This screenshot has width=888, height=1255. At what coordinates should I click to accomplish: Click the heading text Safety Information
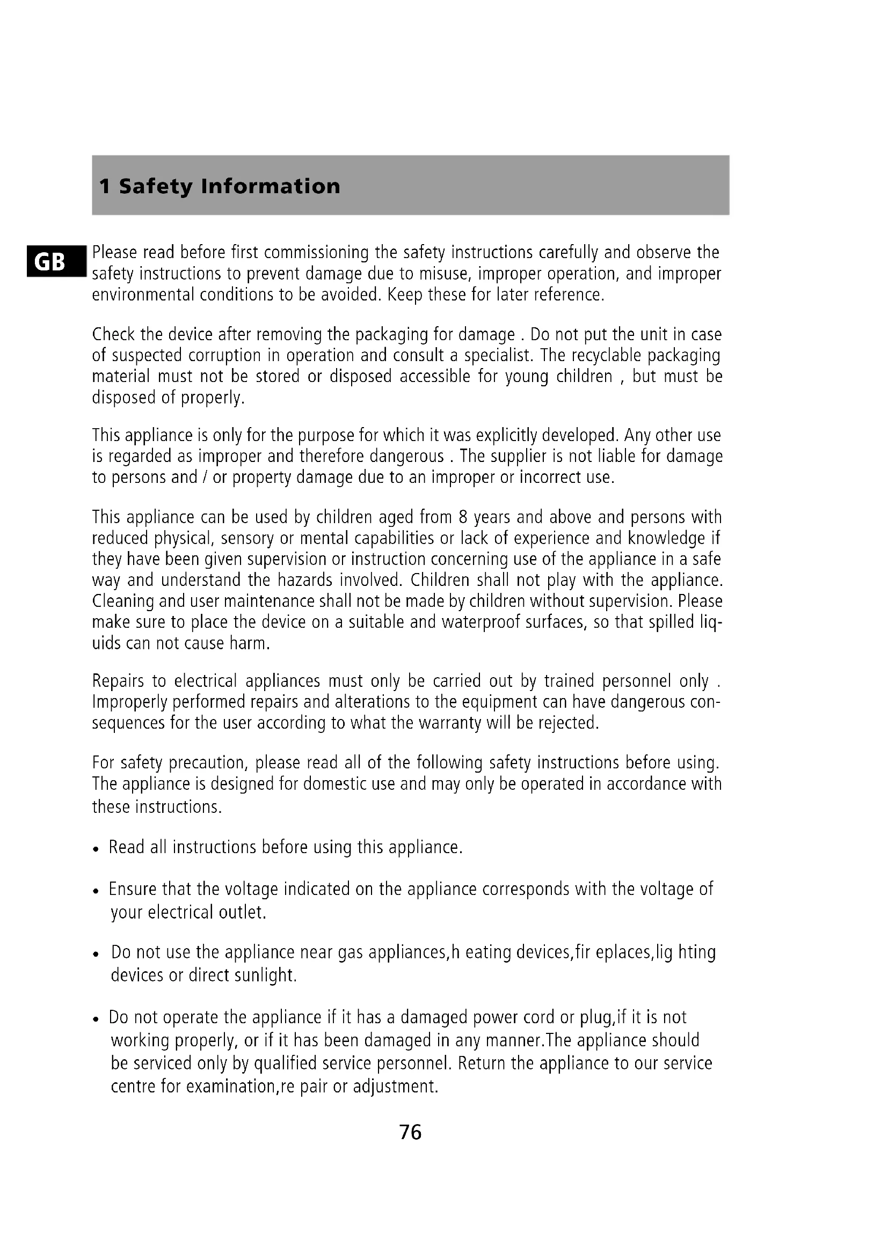click(230, 186)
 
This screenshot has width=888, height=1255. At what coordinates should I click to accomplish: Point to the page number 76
click(410, 1132)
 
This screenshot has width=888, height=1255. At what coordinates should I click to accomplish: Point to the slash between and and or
click(205, 477)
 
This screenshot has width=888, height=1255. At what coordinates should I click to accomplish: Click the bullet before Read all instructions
click(96, 850)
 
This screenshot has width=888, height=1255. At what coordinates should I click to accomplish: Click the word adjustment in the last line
click(395, 1086)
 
